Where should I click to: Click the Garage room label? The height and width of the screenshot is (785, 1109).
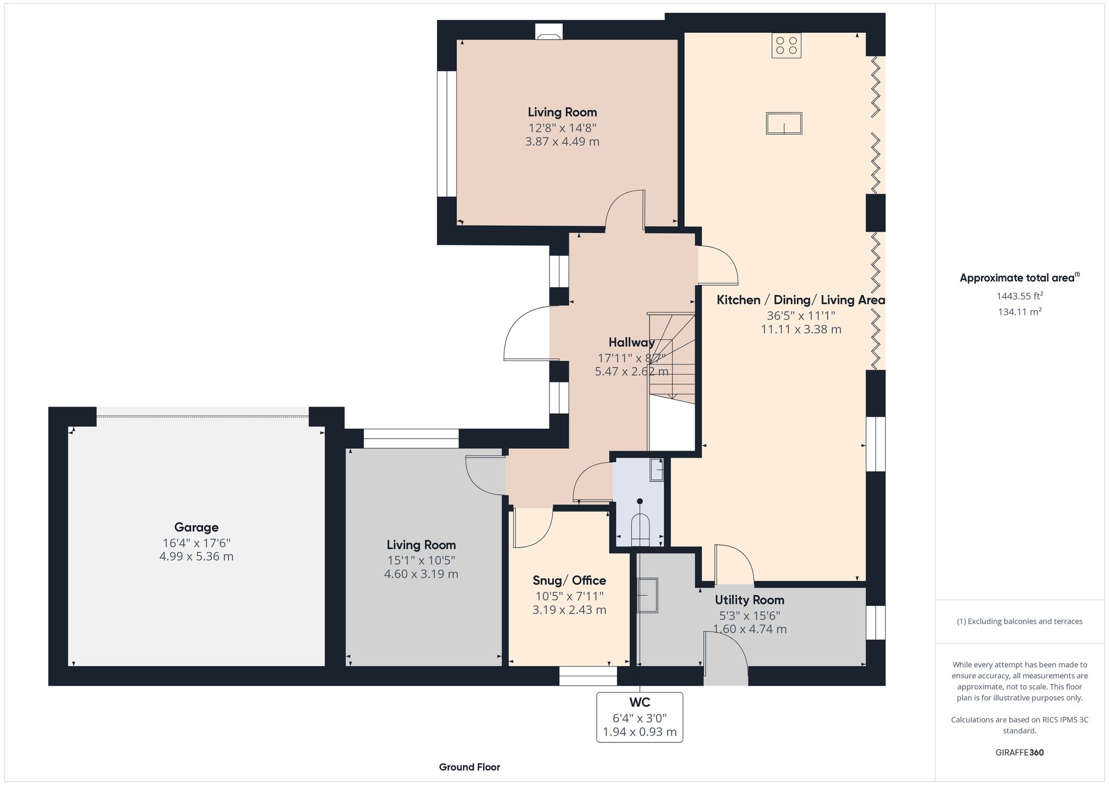click(x=196, y=527)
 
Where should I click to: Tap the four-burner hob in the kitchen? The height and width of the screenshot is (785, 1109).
click(x=786, y=45)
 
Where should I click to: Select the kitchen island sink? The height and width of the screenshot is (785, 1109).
click(x=784, y=123)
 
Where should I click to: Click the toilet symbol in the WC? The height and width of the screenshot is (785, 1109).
click(x=640, y=530)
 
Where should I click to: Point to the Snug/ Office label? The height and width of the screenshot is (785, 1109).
click(x=569, y=580)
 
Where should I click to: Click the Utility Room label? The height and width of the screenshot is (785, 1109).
click(x=749, y=600)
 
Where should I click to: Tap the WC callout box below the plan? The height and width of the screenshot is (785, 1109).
click(x=639, y=717)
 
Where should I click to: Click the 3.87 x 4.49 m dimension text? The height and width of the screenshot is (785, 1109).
click(x=562, y=141)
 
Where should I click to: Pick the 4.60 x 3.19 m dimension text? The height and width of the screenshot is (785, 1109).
click(x=421, y=574)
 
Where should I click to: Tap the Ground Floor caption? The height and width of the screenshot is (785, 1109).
click(x=469, y=767)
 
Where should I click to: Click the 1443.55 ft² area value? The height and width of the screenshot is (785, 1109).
click(x=1019, y=296)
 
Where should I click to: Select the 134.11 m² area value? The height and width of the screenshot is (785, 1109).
click(x=1019, y=312)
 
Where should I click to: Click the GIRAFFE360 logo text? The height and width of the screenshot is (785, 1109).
click(x=1019, y=752)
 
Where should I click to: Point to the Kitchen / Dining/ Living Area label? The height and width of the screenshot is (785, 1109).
click(x=800, y=300)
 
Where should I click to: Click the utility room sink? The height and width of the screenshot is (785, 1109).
click(x=647, y=595)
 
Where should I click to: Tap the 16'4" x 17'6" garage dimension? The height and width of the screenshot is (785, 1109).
click(x=196, y=543)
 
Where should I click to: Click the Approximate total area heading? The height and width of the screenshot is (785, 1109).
click(x=1019, y=278)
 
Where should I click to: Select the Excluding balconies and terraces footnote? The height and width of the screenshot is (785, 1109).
click(x=1019, y=621)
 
